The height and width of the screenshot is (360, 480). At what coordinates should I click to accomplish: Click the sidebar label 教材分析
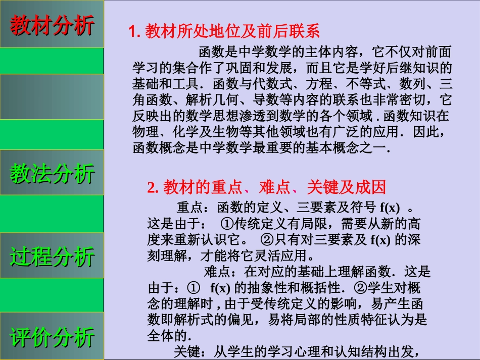point(52,25)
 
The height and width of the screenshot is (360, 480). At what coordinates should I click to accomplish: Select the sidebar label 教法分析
point(52,173)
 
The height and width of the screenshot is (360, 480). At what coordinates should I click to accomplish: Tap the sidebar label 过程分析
point(52,256)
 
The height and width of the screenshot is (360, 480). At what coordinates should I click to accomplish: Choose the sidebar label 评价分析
point(52,337)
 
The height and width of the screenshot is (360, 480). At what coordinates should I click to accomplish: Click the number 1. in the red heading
point(134,31)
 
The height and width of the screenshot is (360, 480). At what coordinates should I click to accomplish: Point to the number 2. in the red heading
point(153,187)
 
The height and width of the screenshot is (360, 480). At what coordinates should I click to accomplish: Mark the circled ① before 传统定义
point(227,223)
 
